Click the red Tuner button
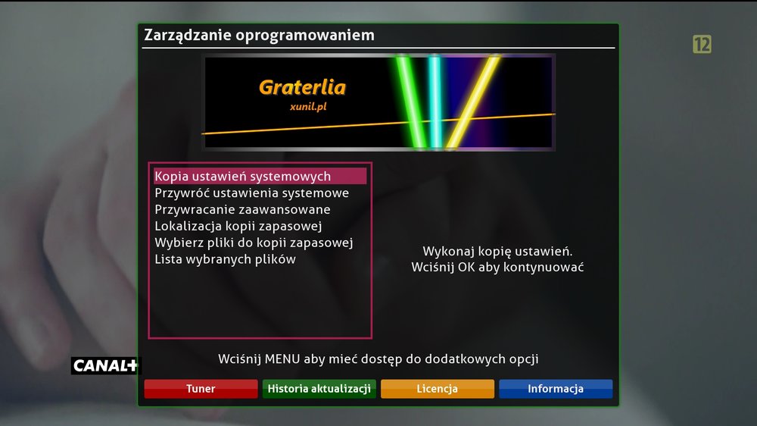tap(201, 389)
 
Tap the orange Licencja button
tap(438, 389)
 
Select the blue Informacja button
tap(556, 389)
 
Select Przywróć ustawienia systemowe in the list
tap(251, 193)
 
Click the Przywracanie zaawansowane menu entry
tap(242, 209)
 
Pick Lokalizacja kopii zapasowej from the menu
tap(238, 226)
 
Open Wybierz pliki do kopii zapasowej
tap(254, 243)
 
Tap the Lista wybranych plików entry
tap(225, 259)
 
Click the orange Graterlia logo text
tap(302, 87)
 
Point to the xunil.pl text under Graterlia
tap(308, 106)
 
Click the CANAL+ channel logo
tap(105, 365)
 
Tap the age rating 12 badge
tap(702, 45)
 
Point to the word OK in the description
tap(466, 267)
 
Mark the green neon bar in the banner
tap(411, 102)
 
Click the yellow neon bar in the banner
tap(473, 102)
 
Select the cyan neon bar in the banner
tap(435, 102)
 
